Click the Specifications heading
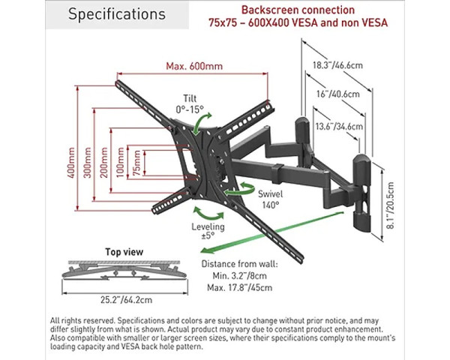pos(116,15)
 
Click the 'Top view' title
pos(124,252)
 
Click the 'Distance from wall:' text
pos(239,264)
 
